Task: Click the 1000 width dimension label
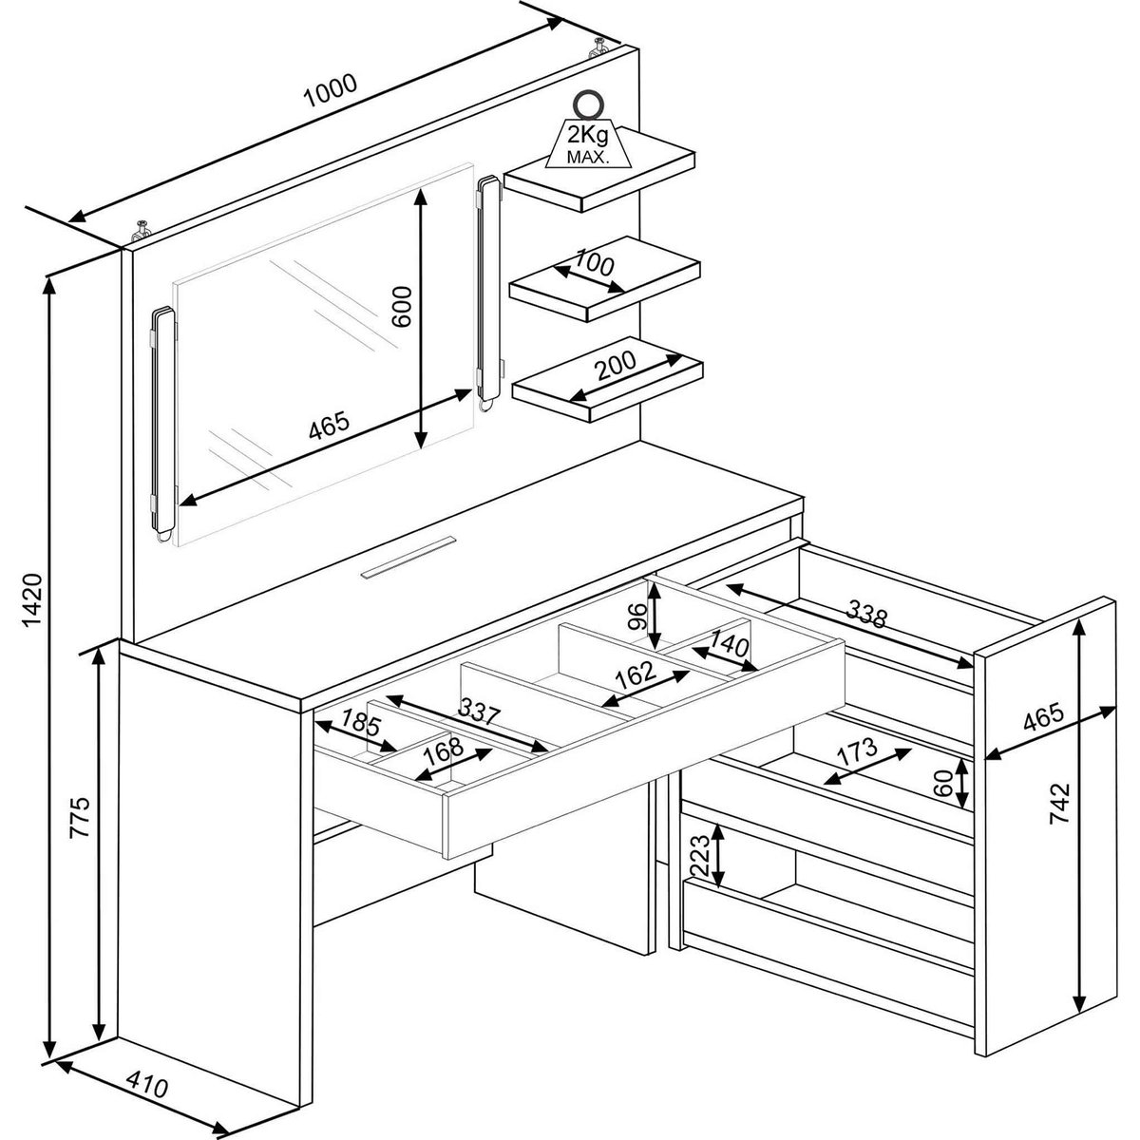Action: [x=330, y=90]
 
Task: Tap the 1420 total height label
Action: [x=30, y=599]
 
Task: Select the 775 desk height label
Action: [x=80, y=817]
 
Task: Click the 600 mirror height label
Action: [x=402, y=307]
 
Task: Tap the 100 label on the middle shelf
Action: [x=595, y=263]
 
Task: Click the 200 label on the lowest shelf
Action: [x=616, y=365]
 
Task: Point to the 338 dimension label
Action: [x=866, y=614]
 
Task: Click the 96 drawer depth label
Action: [x=636, y=617]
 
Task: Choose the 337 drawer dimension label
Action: [x=479, y=712]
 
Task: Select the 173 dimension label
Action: [x=857, y=750]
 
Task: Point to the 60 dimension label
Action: [x=944, y=783]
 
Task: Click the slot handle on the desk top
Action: [x=408, y=556]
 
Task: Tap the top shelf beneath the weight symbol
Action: [x=598, y=172]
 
